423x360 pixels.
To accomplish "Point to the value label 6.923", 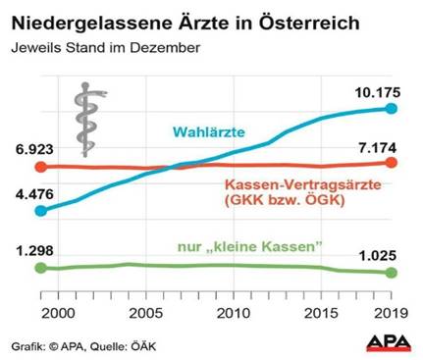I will (x=32, y=148).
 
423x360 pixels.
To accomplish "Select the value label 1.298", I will (x=32, y=250).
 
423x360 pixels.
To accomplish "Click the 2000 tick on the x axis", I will (x=58, y=312).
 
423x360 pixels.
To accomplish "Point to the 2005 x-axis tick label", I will (x=145, y=312).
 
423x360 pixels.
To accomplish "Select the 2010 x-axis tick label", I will (x=232, y=312).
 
